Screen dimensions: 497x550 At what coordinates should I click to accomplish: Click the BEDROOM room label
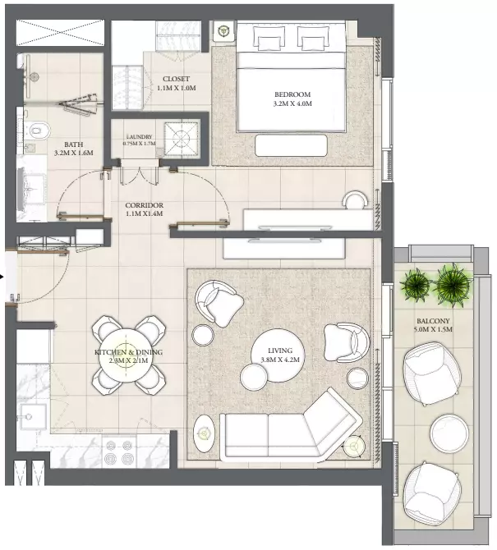click(292, 94)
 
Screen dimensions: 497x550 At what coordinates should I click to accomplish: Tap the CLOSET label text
click(176, 79)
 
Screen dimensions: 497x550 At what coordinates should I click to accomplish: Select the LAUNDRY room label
click(140, 137)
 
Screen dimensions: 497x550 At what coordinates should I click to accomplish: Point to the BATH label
click(74, 144)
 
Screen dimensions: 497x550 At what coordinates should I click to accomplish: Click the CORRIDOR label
click(145, 205)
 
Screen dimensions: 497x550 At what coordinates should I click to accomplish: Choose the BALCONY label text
click(433, 321)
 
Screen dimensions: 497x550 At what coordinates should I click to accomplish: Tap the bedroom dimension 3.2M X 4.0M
click(292, 103)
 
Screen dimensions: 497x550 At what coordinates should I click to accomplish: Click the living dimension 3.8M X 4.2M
click(280, 360)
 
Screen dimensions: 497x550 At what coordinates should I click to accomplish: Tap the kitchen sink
click(32, 417)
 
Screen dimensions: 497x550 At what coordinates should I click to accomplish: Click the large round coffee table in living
click(278, 355)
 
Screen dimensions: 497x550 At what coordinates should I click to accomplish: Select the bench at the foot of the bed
click(292, 145)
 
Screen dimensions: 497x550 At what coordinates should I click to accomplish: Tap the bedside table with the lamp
click(223, 31)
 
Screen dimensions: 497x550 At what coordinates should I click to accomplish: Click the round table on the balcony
click(449, 433)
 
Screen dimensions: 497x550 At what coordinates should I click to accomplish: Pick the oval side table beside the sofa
click(205, 434)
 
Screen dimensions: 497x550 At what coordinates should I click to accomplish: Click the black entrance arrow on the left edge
click(2, 277)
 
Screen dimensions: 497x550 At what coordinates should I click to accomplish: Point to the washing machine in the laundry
click(182, 139)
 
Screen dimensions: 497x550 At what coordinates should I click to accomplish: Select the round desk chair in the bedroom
click(355, 200)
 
